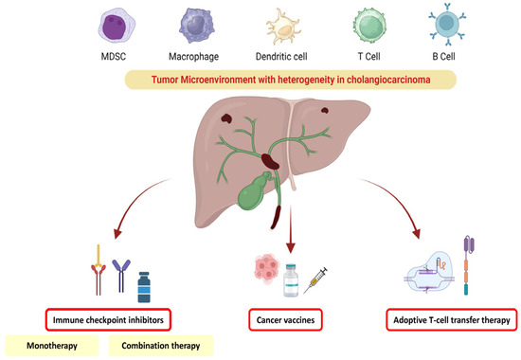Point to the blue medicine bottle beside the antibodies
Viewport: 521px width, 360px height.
[x=145, y=286]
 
